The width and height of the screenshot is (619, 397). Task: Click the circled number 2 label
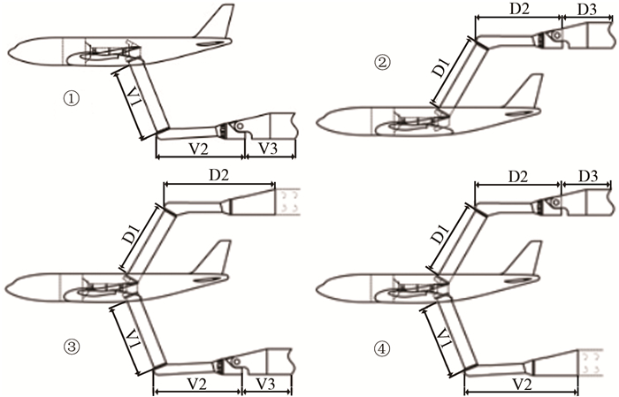382,63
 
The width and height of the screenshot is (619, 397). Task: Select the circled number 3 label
72,347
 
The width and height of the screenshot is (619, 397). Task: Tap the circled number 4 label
382,348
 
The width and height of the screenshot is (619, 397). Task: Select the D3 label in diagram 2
587,10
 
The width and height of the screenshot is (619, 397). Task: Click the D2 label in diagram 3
218,175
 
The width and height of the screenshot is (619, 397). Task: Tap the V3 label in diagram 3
267,384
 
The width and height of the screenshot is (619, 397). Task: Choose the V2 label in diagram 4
521,384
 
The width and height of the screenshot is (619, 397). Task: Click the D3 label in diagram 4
588,176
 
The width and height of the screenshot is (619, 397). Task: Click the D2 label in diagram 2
519,9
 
